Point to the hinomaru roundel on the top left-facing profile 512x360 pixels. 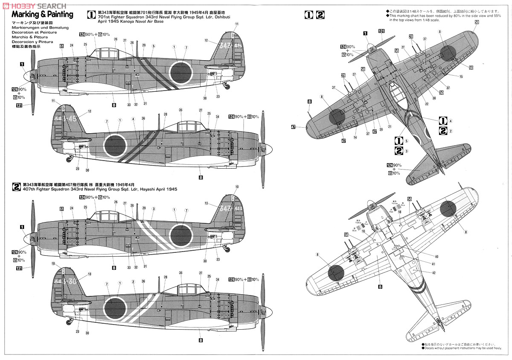pyautogui.click(x=180, y=71)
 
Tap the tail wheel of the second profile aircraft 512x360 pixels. pyautogui.click(x=69, y=160)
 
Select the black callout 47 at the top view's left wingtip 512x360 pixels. pyautogui.click(x=294, y=126)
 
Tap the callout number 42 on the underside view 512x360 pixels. pyautogui.click(x=433, y=272)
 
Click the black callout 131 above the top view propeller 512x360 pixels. pyautogui.click(x=381, y=31)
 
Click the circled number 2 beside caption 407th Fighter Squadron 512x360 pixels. pyautogui.click(x=16, y=186)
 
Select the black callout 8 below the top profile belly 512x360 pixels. pyautogui.click(x=114, y=104)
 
